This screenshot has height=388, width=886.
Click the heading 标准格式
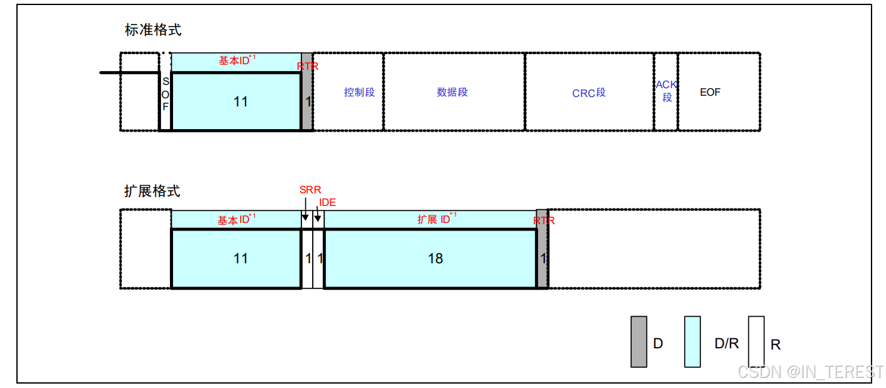(153, 30)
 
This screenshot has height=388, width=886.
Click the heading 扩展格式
(153, 191)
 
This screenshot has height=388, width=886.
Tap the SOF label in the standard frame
(165, 94)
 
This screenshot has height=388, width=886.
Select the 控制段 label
(359, 92)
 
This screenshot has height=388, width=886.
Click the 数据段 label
(452, 92)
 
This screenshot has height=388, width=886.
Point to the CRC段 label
(588, 93)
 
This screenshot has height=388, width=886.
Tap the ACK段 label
(666, 91)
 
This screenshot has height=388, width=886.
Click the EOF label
(710, 92)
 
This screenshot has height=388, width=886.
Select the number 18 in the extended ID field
(435, 258)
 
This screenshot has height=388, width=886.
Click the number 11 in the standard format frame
(240, 101)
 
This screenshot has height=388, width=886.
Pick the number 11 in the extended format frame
(240, 258)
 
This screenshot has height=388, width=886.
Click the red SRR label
(310, 190)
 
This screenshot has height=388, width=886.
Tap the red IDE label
(327, 203)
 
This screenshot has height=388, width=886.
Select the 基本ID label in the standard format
(237, 60)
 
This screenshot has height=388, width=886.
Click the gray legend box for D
(639, 341)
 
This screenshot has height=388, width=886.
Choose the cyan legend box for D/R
(692, 341)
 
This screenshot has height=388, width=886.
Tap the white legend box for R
(756, 341)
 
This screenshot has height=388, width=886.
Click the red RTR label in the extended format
(544, 220)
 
